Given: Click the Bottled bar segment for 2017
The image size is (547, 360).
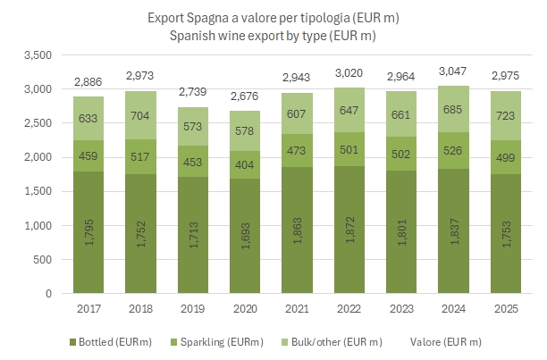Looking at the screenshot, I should coord(88,232).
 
